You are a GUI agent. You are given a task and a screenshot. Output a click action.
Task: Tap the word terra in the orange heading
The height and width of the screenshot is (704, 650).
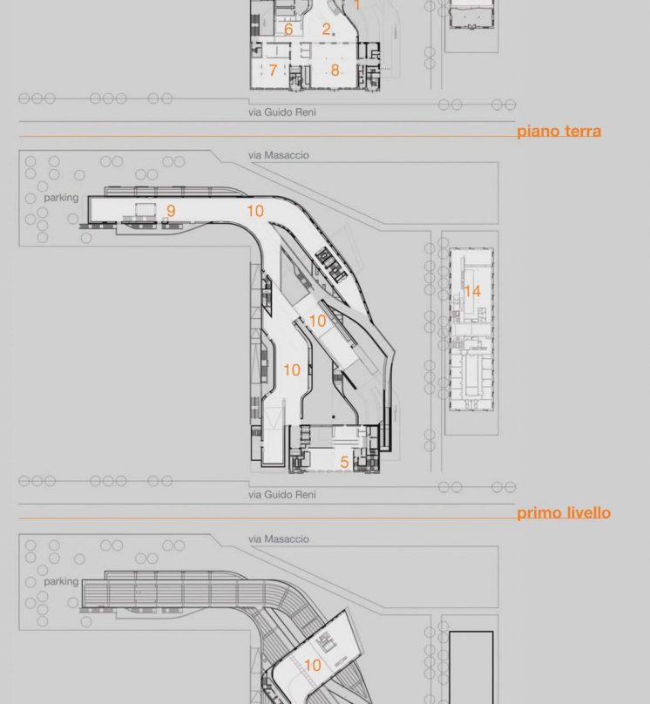(582, 131)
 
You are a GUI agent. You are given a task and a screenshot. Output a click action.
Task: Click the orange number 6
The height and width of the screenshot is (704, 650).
(288, 29)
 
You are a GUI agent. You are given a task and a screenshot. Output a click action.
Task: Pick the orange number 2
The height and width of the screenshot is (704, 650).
(327, 29)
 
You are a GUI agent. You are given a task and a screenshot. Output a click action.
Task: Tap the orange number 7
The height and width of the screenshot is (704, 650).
(273, 70)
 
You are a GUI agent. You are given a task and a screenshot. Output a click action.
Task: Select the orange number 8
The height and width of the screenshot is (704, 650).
(335, 70)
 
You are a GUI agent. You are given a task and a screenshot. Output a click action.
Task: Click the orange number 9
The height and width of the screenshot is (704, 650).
(171, 211)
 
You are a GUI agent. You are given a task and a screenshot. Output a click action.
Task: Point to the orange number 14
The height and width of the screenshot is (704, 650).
(472, 291)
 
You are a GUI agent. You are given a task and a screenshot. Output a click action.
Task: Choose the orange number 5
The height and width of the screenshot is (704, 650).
(344, 462)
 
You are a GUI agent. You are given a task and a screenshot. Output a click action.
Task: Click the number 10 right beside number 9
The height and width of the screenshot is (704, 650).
(255, 211)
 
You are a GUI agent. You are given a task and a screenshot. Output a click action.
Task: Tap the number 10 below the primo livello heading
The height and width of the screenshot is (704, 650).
(313, 665)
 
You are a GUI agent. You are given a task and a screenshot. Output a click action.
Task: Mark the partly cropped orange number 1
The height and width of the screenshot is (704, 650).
(357, 5)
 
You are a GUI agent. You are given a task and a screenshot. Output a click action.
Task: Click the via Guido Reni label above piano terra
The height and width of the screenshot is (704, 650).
(282, 112)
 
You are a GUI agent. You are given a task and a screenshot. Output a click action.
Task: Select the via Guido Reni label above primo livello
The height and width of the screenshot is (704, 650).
(282, 494)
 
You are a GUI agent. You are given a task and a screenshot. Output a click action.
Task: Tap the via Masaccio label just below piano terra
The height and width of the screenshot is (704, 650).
(279, 155)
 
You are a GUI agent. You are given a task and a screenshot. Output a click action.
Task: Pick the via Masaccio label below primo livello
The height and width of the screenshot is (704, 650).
(279, 538)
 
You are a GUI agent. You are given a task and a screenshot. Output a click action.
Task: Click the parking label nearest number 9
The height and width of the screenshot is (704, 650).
(61, 198)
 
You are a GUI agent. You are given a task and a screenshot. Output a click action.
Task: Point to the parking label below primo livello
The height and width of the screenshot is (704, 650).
(61, 581)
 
